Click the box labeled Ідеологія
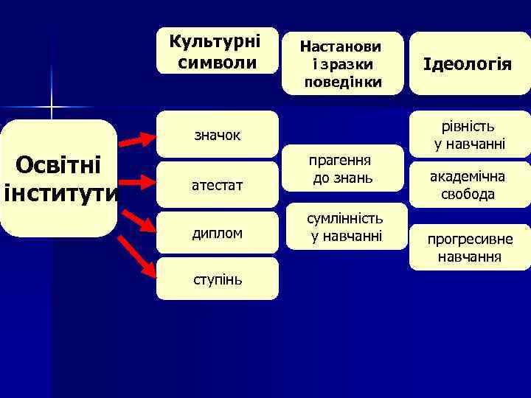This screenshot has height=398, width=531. tap(468, 64)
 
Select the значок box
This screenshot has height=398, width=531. tap(218, 135)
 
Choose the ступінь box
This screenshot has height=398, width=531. tap(218, 279)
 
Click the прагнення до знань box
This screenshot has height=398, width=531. tap(342, 169)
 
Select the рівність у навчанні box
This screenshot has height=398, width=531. tap(469, 134)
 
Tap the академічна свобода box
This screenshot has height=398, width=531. tap(469, 186)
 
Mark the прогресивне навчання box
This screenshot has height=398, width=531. tap(469, 246)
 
